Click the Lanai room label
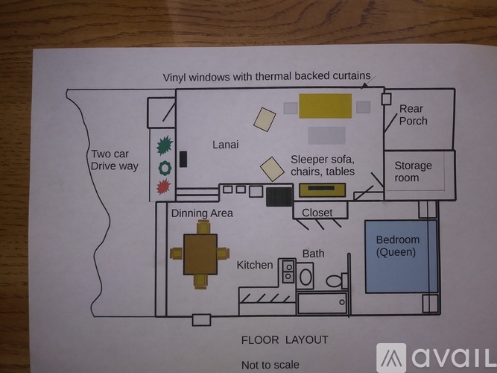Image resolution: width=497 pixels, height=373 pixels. point(225,145)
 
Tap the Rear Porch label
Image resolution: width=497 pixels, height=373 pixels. point(414,115)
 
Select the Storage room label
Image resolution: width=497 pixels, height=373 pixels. point(413,172)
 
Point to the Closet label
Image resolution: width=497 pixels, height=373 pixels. point(317,213)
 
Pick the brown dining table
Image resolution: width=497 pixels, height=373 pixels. point(200,254)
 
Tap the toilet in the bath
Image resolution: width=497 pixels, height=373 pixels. point(336,281)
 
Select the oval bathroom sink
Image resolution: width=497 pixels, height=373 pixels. point(306,277)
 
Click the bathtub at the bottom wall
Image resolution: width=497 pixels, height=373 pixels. point(322,302)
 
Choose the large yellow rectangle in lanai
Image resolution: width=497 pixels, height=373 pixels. point(325,106)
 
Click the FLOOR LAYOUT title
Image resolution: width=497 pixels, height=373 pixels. point(285,340)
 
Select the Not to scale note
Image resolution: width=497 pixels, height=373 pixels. point(270,365)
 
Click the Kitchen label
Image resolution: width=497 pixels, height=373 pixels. point(255,265)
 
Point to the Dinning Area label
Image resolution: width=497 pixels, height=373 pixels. point(202,213)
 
